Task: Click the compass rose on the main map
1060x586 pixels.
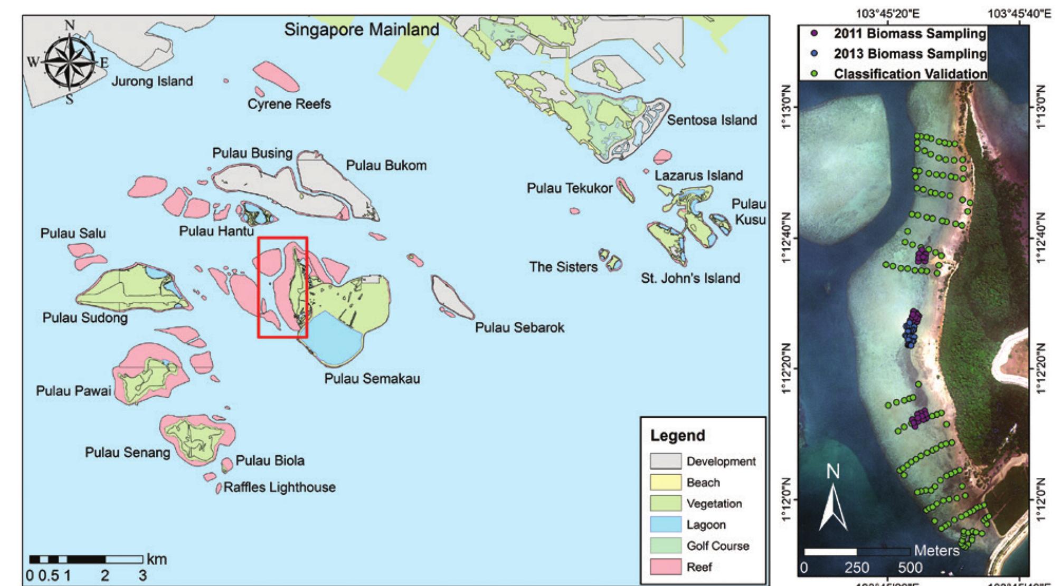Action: click(69, 62)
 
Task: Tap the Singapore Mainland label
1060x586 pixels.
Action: click(361, 30)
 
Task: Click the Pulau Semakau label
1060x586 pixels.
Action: click(372, 378)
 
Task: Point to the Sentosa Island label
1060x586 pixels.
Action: click(711, 120)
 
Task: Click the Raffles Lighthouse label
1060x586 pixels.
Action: click(279, 487)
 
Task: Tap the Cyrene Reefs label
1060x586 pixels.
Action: click(289, 104)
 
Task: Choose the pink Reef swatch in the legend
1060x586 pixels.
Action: click(665, 567)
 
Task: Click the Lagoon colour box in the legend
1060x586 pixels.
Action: click(665, 525)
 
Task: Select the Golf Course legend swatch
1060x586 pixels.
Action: click(665, 546)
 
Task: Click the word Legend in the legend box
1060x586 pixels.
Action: click(677, 436)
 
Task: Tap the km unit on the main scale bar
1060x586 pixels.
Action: click(157, 560)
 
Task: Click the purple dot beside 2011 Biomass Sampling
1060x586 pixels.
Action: click(814, 33)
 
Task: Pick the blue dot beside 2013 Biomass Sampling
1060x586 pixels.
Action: click(814, 53)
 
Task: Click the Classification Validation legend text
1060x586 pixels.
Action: click(910, 73)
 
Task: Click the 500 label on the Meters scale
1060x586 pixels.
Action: click(910, 568)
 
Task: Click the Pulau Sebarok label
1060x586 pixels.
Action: click(519, 328)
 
